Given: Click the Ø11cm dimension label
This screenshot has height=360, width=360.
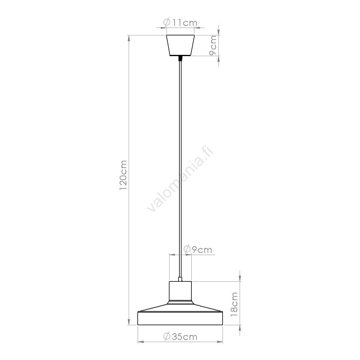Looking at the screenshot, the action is click(180, 22).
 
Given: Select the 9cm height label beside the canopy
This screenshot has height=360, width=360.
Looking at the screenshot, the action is click(213, 45).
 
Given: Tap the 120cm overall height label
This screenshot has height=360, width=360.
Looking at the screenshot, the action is click(123, 175).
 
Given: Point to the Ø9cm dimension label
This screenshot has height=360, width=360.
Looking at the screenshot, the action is click(198, 250).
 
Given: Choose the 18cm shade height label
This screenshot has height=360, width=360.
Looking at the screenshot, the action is click(234, 304).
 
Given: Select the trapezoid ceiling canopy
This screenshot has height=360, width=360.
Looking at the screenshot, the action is click(180, 45).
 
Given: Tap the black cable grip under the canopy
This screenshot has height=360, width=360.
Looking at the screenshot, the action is click(180, 58).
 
